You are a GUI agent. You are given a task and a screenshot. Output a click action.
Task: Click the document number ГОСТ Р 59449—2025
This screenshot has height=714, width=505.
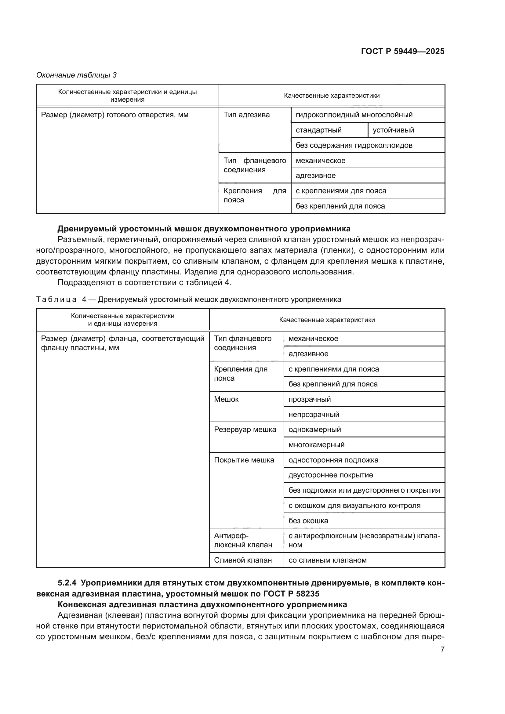tap(402, 51)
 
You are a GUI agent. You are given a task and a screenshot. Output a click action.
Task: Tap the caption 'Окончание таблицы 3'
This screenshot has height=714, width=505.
tap(77, 75)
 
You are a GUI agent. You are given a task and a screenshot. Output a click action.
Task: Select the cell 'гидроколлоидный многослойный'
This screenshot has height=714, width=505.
tap(354, 115)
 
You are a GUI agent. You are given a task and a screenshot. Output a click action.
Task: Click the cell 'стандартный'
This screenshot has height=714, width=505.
tap(318, 130)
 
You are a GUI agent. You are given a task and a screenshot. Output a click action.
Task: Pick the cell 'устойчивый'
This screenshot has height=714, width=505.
tap(393, 130)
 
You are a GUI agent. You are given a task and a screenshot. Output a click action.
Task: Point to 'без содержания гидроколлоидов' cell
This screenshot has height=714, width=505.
tap(354, 145)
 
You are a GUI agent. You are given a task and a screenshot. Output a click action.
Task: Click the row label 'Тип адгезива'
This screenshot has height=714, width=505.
tap(247, 115)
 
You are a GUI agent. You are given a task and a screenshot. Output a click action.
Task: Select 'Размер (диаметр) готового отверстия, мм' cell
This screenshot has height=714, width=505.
tap(115, 115)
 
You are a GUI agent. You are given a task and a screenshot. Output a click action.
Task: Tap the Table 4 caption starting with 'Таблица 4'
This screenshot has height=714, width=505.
tap(188, 299)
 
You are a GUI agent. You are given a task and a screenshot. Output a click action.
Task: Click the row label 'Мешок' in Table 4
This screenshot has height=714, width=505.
tap(226, 399)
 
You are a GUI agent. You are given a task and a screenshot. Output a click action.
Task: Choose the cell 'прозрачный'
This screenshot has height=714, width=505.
tap(309, 399)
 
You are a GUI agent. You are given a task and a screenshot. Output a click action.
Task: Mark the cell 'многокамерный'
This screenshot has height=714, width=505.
tap(316, 445)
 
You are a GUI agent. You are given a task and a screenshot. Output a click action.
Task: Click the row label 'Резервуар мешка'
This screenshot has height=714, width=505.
tap(245, 429)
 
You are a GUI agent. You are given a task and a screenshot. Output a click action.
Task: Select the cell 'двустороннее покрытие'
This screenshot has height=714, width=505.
tap(331, 475)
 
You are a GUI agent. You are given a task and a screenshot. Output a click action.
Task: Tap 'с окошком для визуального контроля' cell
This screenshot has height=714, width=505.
tap(354, 505)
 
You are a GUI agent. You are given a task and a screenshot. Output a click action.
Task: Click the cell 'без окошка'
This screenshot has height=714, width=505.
tap(308, 520)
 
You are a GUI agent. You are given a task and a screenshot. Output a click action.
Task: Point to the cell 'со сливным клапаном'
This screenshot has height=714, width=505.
tap(327, 560)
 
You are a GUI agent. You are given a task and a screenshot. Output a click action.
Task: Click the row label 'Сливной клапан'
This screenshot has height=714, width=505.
tap(242, 560)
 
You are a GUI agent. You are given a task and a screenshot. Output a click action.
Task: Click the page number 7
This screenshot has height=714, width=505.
tap(442, 649)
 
